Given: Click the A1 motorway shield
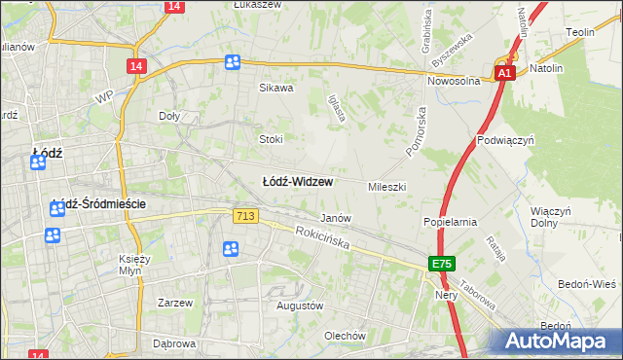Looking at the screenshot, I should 504,73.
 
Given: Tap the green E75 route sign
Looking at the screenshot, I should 442,264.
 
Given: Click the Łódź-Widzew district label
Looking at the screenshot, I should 298,182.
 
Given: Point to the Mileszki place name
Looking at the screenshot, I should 386,186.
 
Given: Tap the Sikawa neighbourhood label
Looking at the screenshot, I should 275,88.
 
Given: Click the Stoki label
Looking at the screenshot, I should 271,139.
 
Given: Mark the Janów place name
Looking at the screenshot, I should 336,219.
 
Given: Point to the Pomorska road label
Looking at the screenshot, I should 420,126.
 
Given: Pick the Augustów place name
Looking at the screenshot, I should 300,306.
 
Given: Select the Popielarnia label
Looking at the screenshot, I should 450,222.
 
